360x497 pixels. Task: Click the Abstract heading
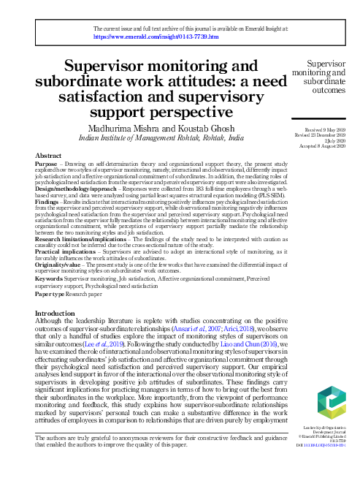tap(50, 156)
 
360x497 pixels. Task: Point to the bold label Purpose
tap(47, 164)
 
